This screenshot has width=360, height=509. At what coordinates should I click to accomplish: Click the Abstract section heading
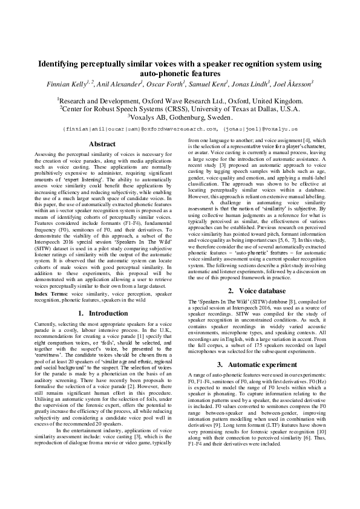coord(102,144)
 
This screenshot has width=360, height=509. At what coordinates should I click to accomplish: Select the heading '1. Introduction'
coord(102,314)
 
